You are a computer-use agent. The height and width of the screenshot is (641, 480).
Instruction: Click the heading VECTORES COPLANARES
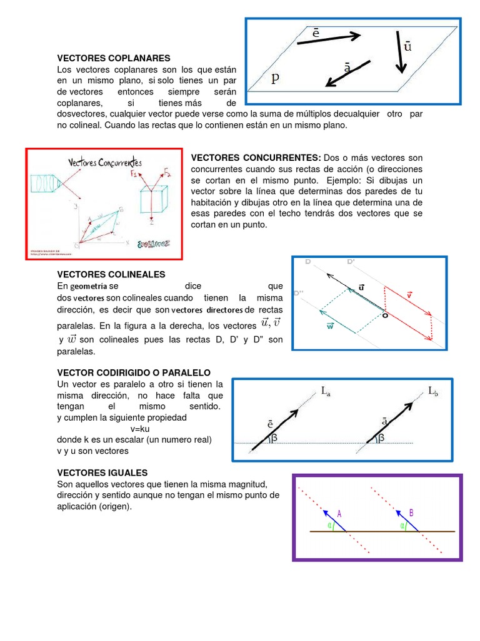pyautogui.click(x=105, y=58)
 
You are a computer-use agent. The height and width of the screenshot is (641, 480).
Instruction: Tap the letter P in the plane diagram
pyautogui.click(x=274, y=78)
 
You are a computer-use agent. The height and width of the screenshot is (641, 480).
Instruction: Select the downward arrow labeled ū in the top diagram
pyautogui.click(x=401, y=53)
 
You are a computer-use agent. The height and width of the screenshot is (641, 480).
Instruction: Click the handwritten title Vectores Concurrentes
pyautogui.click(x=104, y=163)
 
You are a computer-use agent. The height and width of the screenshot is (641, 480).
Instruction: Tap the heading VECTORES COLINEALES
pyautogui.click(x=111, y=274)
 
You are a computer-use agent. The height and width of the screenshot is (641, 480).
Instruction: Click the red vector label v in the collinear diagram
pyautogui.click(x=409, y=294)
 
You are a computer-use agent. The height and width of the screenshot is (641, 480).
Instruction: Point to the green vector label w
pyautogui.click(x=330, y=326)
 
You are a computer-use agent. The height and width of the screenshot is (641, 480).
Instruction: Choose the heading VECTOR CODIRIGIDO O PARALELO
pyautogui.click(x=134, y=372)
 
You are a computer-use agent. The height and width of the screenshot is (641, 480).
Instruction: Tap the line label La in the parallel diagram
pyautogui.click(x=326, y=391)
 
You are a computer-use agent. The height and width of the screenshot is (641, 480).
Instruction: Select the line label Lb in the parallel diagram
pyautogui.click(x=434, y=391)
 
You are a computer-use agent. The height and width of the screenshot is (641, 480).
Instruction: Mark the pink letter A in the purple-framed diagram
pyautogui.click(x=339, y=513)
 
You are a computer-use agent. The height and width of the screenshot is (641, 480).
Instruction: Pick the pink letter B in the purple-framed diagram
pyautogui.click(x=411, y=513)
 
